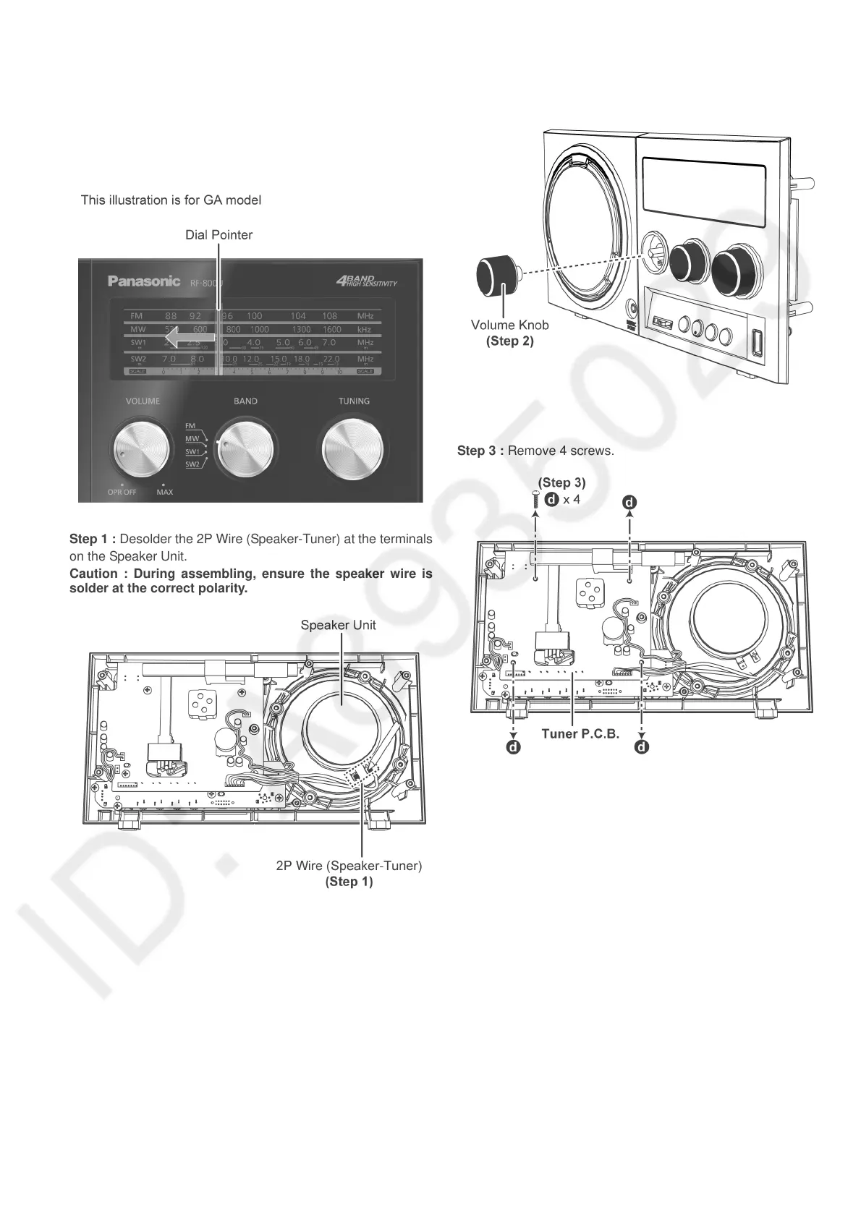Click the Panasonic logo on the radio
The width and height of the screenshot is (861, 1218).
point(144,281)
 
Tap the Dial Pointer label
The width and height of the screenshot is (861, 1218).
point(219,235)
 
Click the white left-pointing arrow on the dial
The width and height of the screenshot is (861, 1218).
point(190,337)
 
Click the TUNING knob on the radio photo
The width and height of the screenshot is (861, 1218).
point(354,448)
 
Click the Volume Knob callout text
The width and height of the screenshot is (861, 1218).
point(509,325)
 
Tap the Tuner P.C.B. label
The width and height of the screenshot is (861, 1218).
point(580,734)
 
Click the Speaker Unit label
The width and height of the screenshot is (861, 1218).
point(338,625)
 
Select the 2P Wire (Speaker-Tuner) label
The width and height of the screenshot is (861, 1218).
point(349,866)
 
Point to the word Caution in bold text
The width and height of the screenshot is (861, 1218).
point(93,574)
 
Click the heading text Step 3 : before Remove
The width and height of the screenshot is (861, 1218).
point(480,451)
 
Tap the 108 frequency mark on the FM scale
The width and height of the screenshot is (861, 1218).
point(329,315)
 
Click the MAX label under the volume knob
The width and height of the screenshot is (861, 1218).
point(165,493)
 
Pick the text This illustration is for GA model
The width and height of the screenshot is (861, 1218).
point(171,200)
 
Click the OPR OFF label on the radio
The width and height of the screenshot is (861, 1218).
point(122,493)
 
